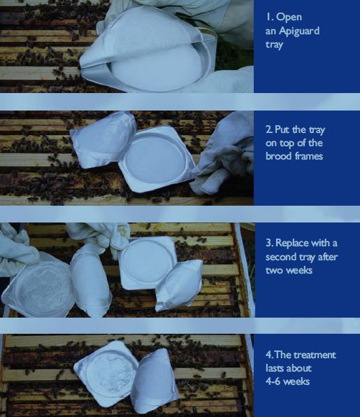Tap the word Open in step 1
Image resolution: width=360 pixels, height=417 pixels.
(x=289, y=17)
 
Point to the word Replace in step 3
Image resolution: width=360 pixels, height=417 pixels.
(x=292, y=243)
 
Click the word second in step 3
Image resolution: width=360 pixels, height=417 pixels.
(x=280, y=257)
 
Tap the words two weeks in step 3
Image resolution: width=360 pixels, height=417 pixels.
(x=289, y=270)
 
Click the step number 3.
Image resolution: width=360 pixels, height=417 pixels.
(x=269, y=243)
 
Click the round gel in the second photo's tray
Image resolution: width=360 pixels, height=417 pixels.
(x=155, y=159)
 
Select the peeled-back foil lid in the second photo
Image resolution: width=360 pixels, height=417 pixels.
(x=103, y=140)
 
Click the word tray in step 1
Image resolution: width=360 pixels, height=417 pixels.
(x=274, y=44)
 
